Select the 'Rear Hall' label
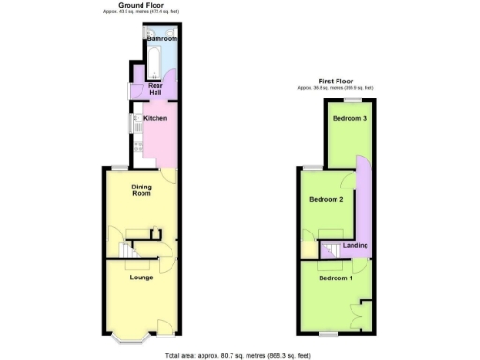click(x=156, y=90)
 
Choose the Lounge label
click(x=142, y=277)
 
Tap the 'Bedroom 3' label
click(x=348, y=119)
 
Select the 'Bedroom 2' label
click(x=326, y=199)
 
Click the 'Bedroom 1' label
click(x=336, y=278)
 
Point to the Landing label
click(x=355, y=246)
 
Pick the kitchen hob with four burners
click(x=138, y=144)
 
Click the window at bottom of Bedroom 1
click(x=326, y=333)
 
